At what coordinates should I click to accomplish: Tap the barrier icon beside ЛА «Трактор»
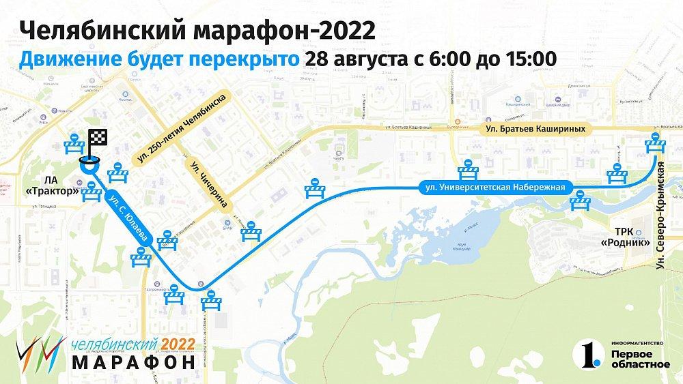(x=92, y=192)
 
